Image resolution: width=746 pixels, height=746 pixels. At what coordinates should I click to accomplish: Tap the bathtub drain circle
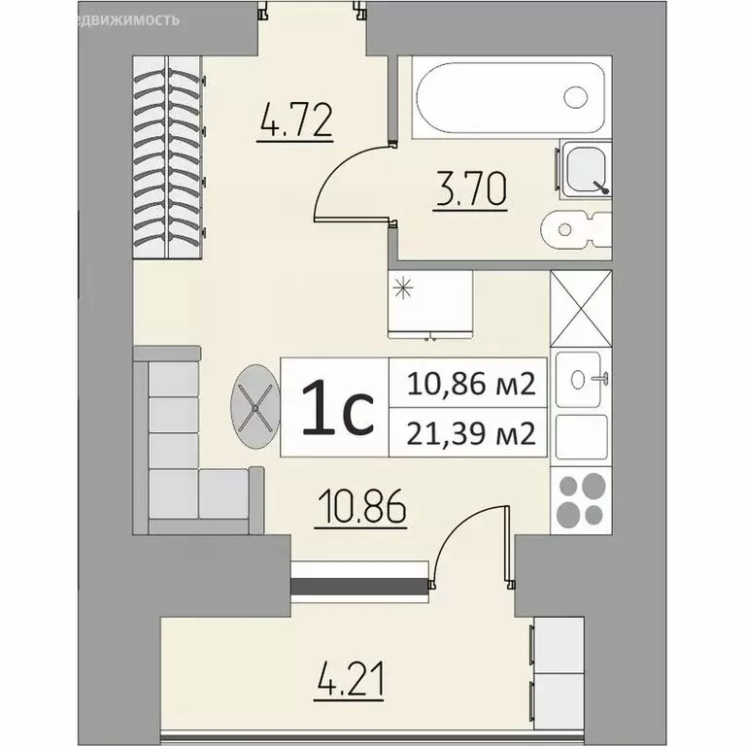(x=576, y=97)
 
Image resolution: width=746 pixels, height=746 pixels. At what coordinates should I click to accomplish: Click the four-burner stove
(x=581, y=499)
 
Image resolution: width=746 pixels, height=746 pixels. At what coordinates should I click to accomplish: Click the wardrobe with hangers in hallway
(x=166, y=155)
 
